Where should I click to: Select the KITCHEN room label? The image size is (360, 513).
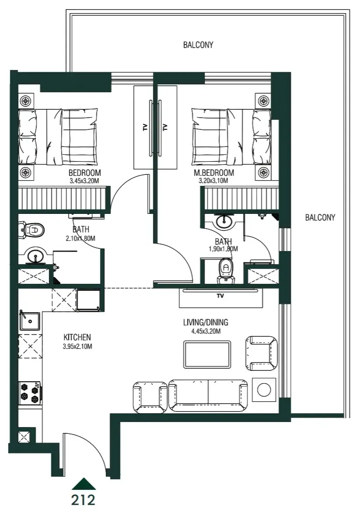click(x=77, y=337)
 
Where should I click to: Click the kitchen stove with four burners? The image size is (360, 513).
click(x=29, y=392)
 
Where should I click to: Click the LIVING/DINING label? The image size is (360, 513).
click(x=206, y=323)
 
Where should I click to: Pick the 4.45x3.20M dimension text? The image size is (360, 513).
click(x=206, y=332)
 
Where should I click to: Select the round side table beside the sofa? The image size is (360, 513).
click(x=264, y=389)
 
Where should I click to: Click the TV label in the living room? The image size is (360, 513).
click(x=220, y=296)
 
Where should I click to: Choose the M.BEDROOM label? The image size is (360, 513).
click(x=214, y=173)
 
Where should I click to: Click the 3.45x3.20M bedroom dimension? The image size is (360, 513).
click(x=85, y=180)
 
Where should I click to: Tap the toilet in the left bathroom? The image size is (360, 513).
click(x=33, y=229)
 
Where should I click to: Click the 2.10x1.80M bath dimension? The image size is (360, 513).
click(x=80, y=238)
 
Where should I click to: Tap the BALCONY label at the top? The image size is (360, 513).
click(x=198, y=45)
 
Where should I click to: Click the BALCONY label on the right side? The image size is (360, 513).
click(x=320, y=217)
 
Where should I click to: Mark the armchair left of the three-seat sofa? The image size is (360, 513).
click(x=150, y=397)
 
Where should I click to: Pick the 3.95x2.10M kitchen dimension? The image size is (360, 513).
click(x=77, y=346)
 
